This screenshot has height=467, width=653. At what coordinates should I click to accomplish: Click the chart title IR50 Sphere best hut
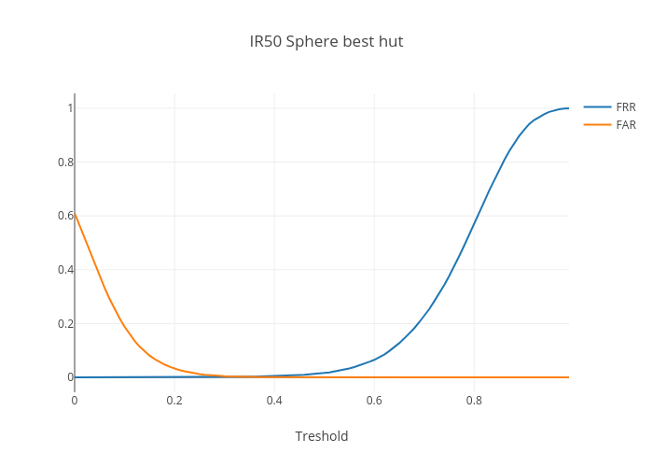(326, 42)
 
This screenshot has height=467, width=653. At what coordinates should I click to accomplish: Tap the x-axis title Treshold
(322, 436)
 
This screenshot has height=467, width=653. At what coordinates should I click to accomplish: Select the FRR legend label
(626, 107)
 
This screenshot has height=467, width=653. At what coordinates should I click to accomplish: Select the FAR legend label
(626, 124)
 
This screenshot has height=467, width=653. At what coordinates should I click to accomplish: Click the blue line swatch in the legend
(597, 107)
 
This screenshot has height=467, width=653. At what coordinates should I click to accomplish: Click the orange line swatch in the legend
(597, 124)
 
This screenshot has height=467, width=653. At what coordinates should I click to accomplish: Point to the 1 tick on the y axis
(70, 108)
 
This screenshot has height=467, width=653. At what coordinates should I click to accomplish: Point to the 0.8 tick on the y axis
(65, 162)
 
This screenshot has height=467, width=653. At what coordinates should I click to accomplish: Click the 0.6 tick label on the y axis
(65, 216)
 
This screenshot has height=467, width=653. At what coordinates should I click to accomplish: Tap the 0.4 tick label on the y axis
(65, 269)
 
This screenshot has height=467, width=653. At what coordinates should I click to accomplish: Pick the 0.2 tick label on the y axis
(65, 323)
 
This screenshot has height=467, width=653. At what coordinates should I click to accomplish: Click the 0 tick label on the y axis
(70, 377)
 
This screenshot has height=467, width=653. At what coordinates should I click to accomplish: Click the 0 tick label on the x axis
(75, 401)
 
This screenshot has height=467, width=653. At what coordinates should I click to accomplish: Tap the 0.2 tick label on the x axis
(174, 401)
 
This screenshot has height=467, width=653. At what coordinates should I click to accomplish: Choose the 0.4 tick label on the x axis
(274, 401)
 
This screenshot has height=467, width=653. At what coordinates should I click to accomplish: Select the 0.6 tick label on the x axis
(374, 401)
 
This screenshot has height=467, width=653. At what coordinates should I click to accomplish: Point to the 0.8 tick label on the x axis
(474, 401)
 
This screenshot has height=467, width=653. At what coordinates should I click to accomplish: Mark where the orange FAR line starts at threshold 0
(75, 214)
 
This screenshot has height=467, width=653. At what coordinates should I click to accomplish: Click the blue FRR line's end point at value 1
(568, 108)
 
